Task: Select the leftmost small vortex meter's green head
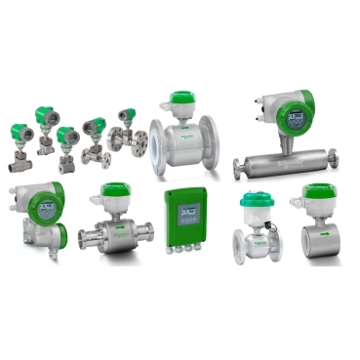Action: (x=20, y=131)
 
